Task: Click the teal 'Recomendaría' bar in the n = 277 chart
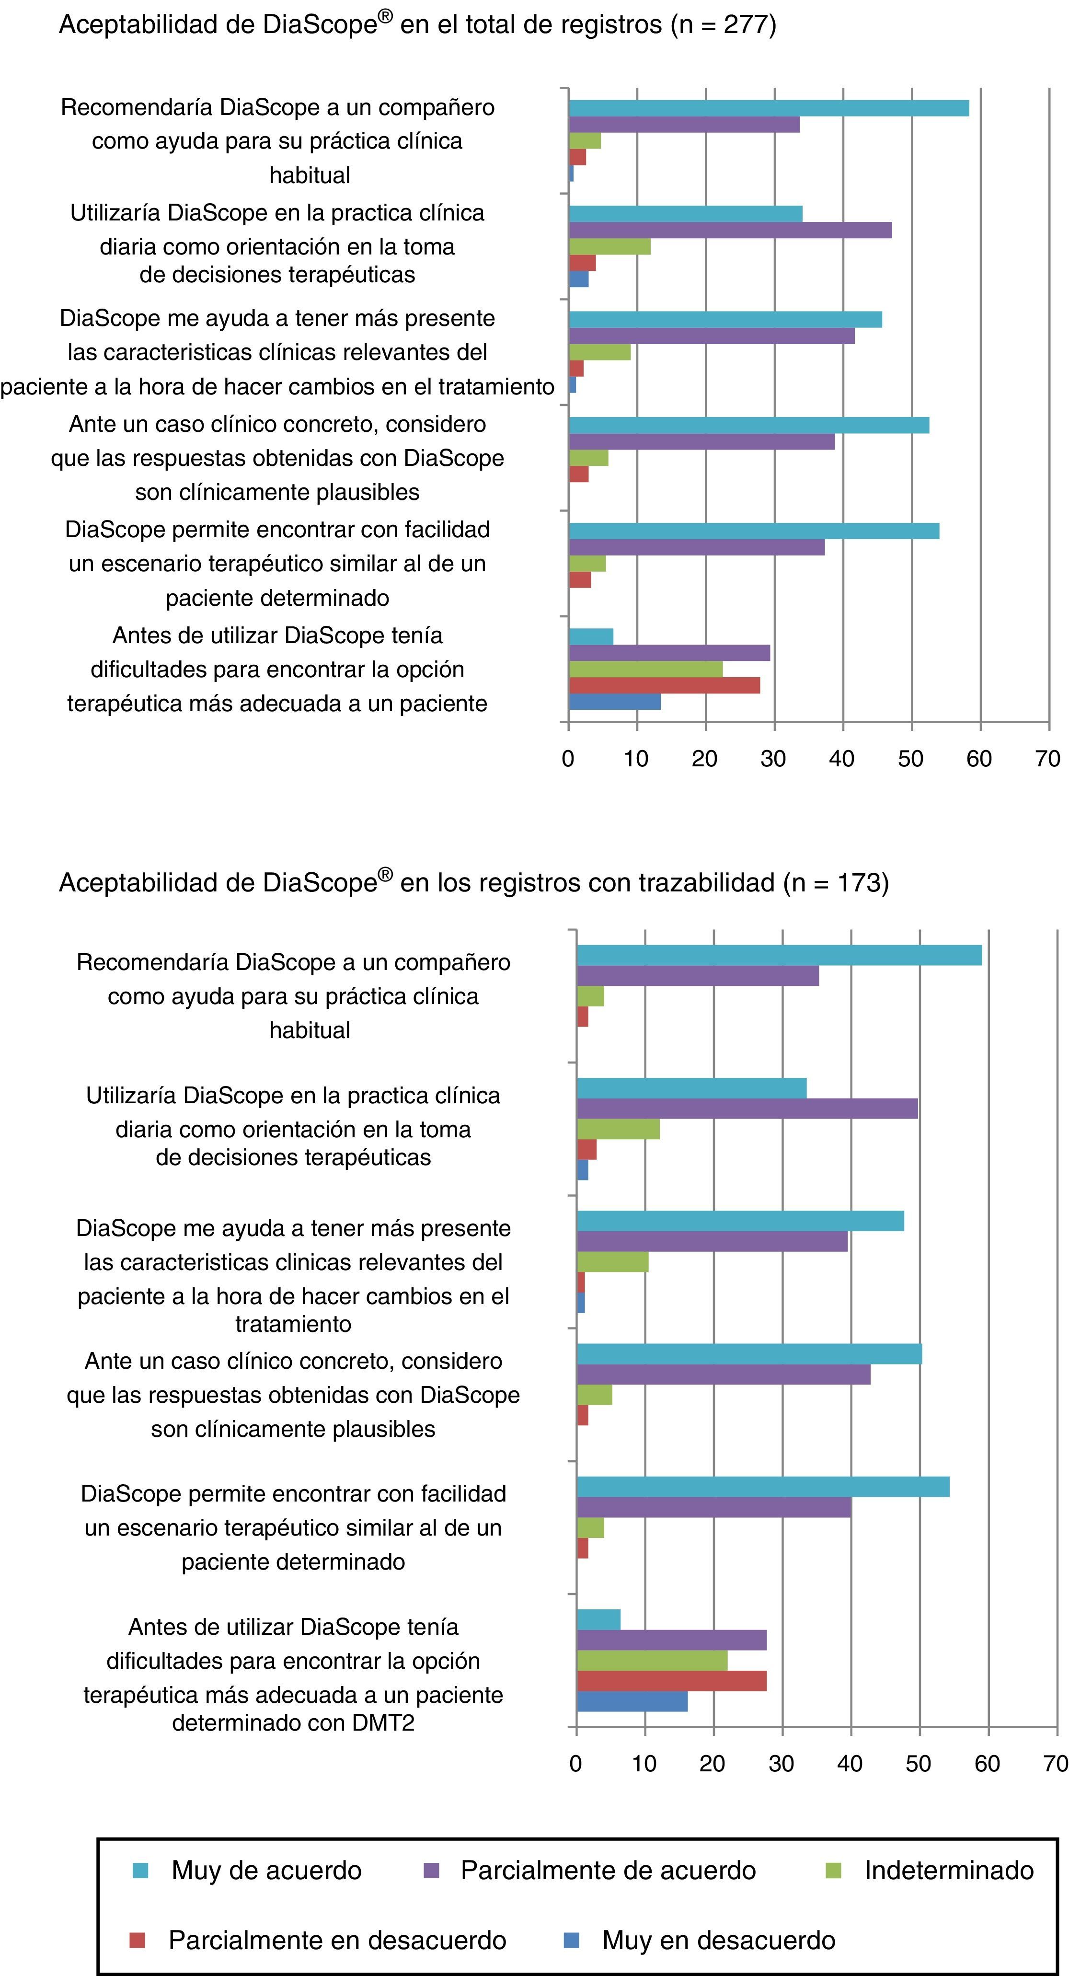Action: [x=769, y=108]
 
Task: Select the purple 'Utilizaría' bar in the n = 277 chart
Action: [x=730, y=230]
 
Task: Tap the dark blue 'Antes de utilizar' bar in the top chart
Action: [x=614, y=702]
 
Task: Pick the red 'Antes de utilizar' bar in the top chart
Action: [x=664, y=685]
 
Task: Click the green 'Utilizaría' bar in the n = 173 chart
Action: [x=617, y=1129]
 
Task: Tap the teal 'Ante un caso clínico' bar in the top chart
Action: [x=748, y=425]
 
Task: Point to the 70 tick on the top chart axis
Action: [x=1047, y=759]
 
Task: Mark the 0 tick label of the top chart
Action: [x=568, y=759]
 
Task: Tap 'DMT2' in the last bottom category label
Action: [x=383, y=1723]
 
